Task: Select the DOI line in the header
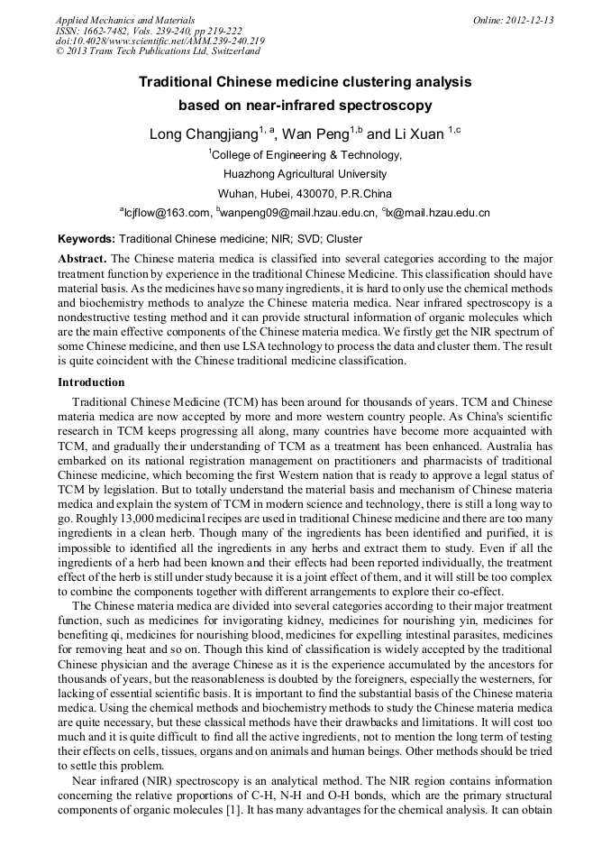pyautogui.click(x=160, y=41)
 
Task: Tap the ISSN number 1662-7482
pyautogui.click(x=108, y=31)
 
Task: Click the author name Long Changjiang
pyautogui.click(x=202, y=134)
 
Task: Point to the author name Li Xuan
pyautogui.click(x=418, y=134)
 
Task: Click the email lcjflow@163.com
pyautogui.click(x=168, y=213)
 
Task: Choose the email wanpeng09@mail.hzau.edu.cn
pyautogui.click(x=298, y=213)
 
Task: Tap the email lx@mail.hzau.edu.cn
pyautogui.click(x=439, y=213)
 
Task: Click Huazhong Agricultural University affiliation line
pyautogui.click(x=305, y=174)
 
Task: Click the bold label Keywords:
pyautogui.click(x=87, y=239)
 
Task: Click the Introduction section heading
pyautogui.click(x=91, y=382)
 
